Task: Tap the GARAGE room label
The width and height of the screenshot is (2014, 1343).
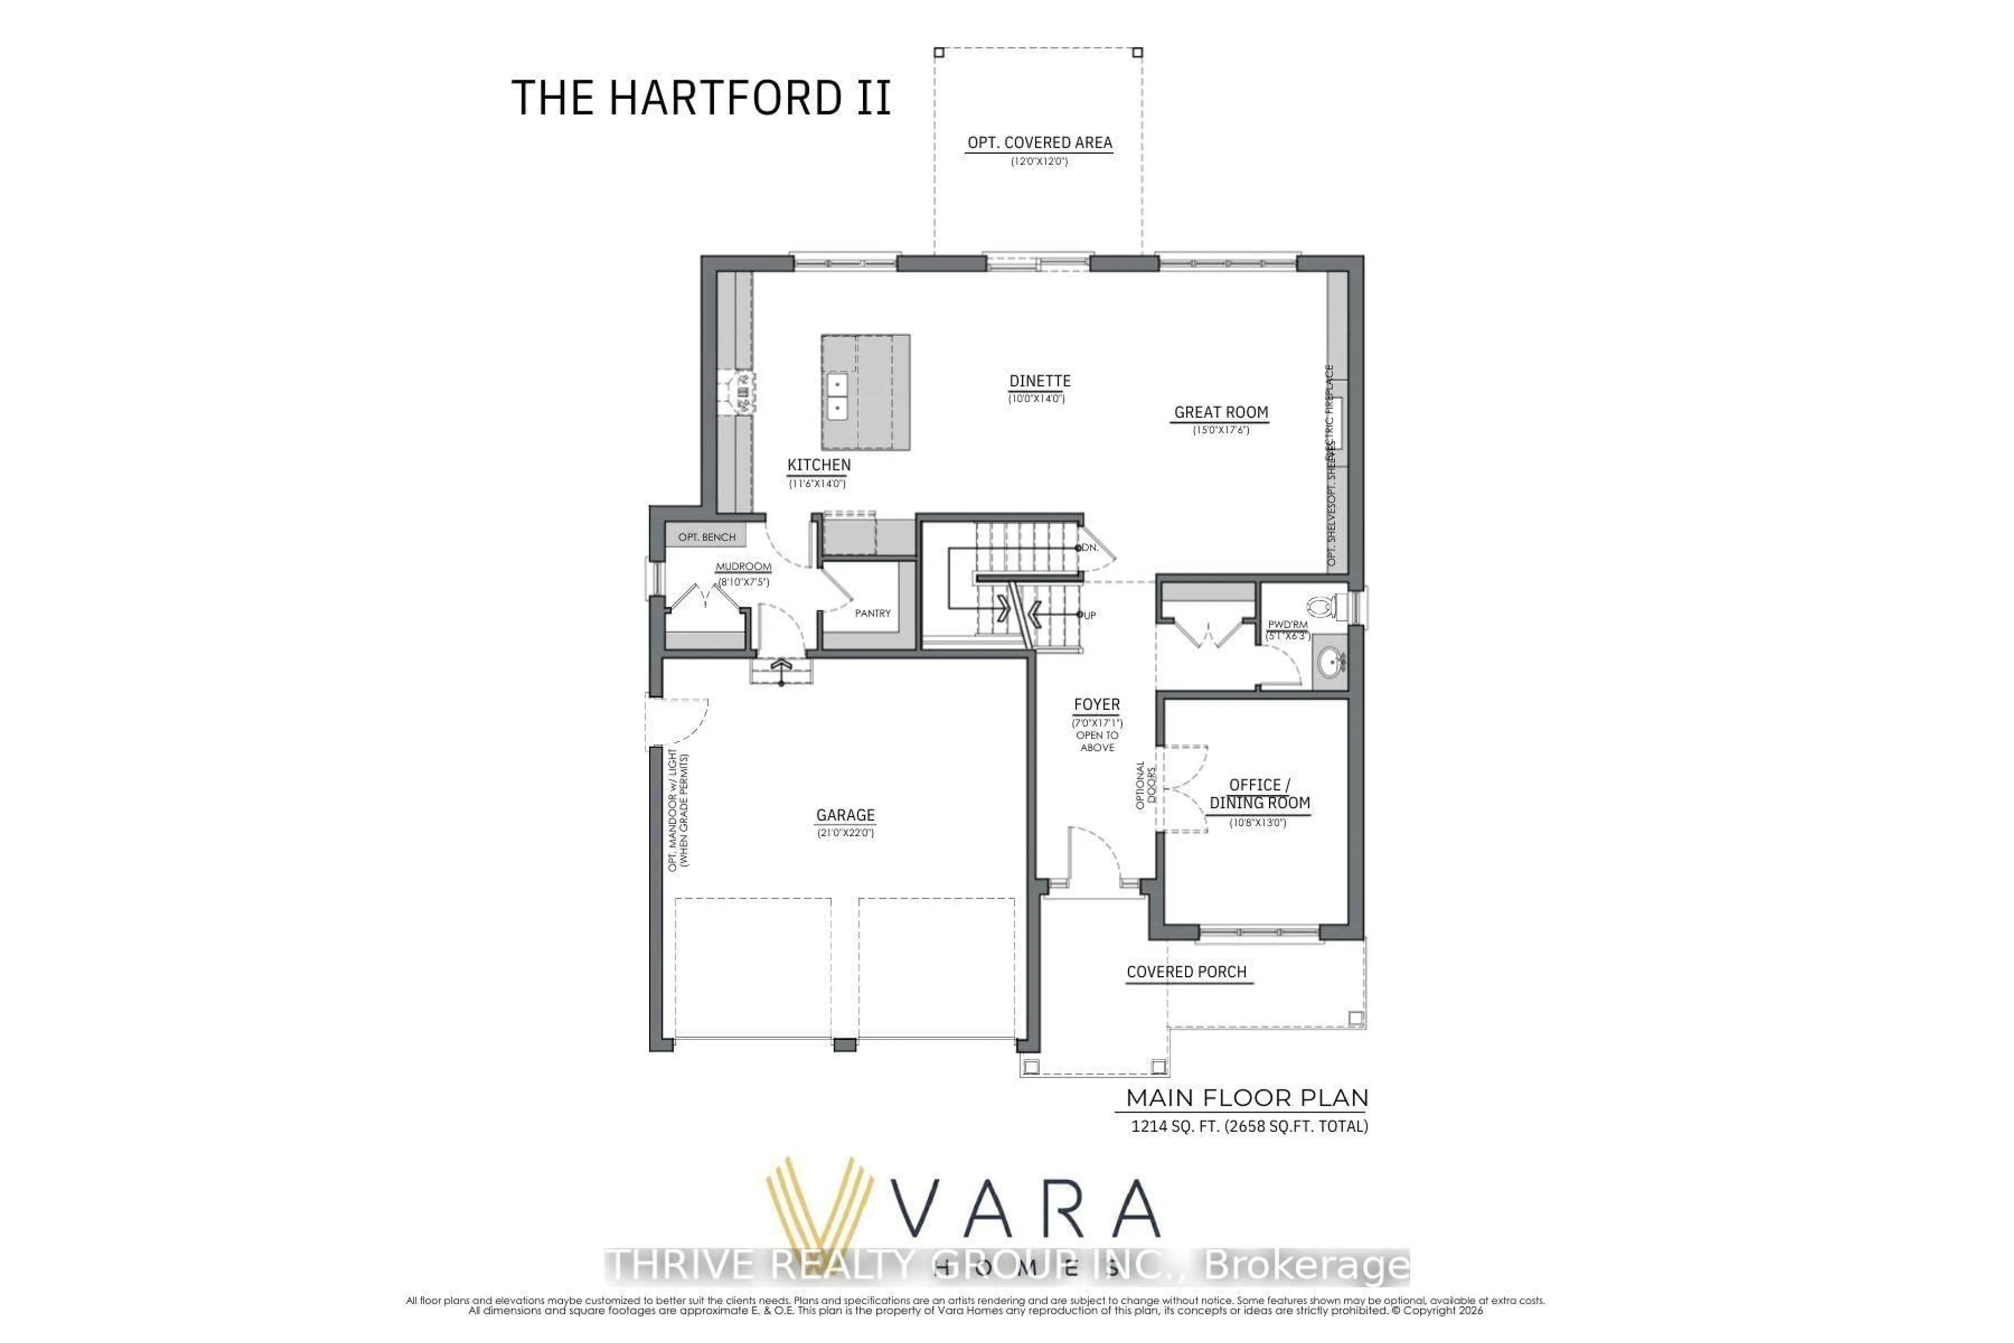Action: point(845,815)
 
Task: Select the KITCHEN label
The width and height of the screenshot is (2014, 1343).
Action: point(819,465)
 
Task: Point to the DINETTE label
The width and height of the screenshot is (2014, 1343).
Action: point(1040,381)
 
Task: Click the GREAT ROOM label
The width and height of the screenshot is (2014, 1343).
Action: point(1221,413)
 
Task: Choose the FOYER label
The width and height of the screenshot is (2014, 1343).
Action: point(1097,705)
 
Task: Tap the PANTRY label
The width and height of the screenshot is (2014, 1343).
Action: point(873,613)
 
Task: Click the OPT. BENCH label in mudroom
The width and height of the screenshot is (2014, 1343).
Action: point(706,537)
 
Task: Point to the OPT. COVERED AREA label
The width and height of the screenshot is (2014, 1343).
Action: point(1040,143)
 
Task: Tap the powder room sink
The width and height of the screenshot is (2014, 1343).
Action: point(1331,661)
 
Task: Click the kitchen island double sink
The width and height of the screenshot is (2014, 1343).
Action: point(837,397)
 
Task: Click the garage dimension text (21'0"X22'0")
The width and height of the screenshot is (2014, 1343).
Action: point(845,833)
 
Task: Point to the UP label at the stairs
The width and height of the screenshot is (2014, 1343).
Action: point(1089,615)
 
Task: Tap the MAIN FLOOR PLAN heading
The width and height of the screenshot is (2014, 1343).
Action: point(1247,1098)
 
